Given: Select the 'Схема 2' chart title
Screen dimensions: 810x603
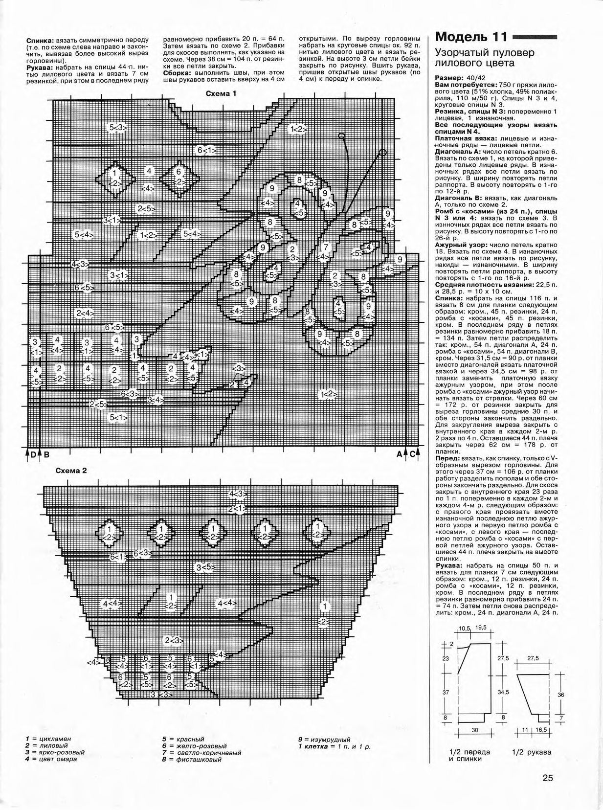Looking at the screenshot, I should [71, 471].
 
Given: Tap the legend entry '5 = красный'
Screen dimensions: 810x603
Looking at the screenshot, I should [183, 739].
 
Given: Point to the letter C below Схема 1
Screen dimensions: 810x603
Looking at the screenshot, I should [412, 454].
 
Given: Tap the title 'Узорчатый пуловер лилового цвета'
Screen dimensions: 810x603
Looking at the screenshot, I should [484, 58].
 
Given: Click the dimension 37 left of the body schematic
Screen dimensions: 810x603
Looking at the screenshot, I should [445, 692].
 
